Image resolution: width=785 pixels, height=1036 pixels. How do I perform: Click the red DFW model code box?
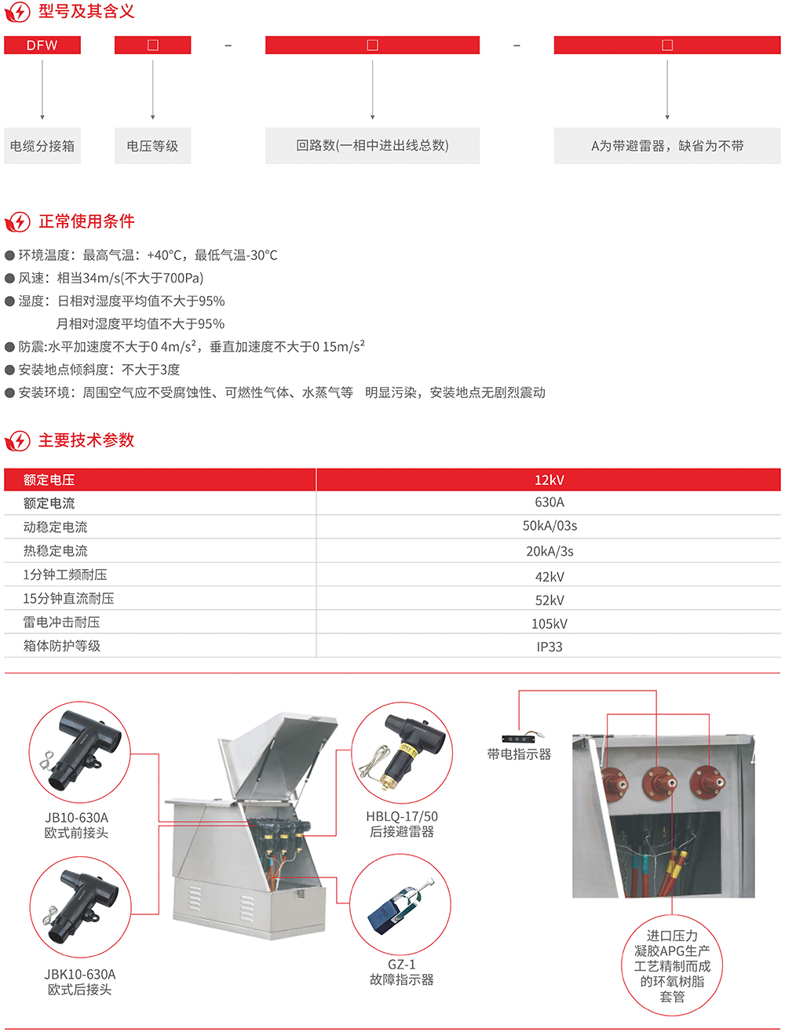(42, 45)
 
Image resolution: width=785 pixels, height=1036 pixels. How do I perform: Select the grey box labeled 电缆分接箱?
(42, 146)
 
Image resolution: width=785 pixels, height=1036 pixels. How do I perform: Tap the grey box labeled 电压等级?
(152, 146)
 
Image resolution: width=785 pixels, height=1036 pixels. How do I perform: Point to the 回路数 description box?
(372, 146)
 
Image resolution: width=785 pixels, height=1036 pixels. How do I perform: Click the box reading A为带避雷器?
(667, 146)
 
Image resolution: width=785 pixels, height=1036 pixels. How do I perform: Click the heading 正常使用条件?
(87, 221)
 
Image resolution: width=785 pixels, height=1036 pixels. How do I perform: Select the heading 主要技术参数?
(86, 440)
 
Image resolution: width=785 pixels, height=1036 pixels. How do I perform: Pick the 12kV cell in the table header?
(549, 480)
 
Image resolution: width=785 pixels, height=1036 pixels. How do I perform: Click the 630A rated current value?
(549, 502)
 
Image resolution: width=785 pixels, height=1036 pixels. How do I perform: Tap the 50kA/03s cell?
(549, 526)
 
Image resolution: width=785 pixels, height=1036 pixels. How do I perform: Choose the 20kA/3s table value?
(549, 551)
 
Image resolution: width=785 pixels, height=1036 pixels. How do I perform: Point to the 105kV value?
(549, 624)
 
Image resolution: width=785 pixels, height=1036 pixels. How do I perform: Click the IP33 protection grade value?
(549, 647)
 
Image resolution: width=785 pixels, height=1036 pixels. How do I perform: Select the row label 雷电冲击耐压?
(62, 622)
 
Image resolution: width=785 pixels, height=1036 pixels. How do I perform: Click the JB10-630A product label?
(76, 818)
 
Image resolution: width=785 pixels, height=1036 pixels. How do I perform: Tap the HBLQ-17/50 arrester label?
(402, 816)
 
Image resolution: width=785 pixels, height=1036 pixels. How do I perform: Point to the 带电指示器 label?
(519, 754)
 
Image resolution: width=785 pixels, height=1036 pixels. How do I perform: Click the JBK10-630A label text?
(80, 974)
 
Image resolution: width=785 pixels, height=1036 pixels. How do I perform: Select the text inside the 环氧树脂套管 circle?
(672, 965)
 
